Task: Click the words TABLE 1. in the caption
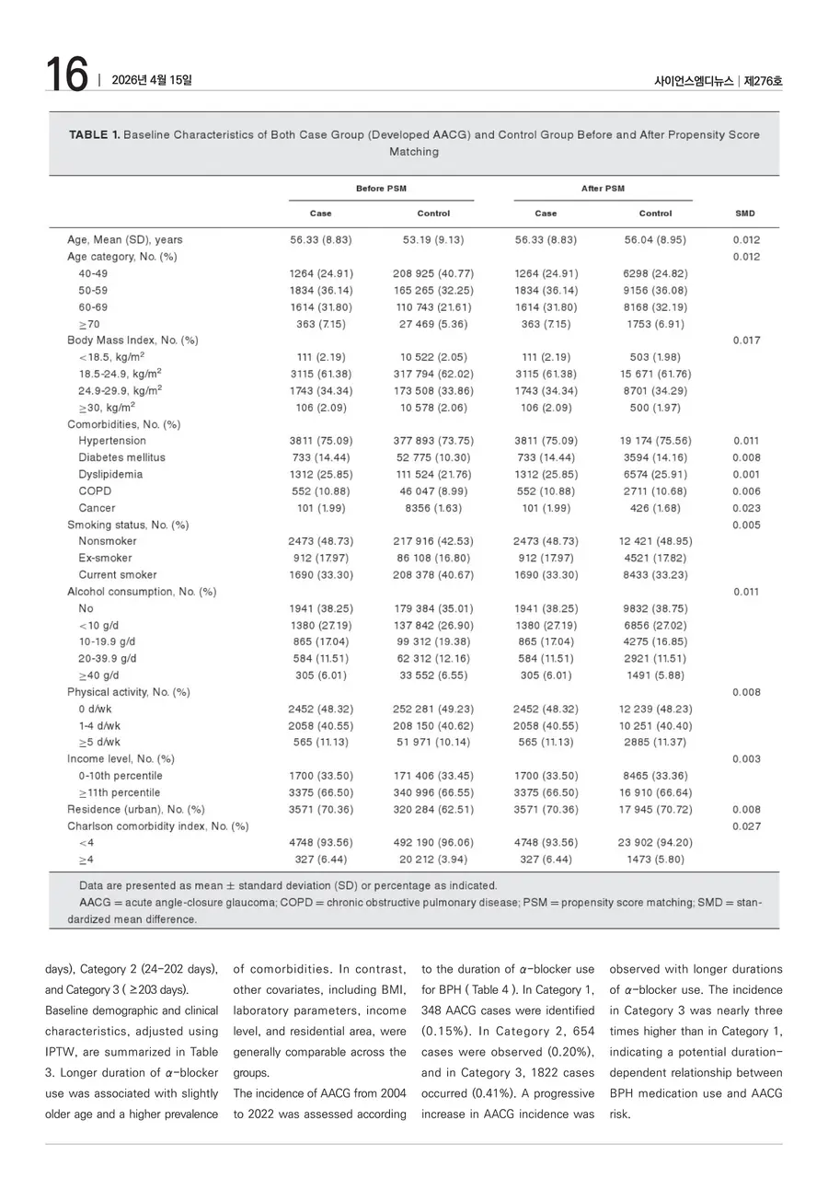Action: click(94, 135)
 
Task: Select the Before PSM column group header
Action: click(381, 189)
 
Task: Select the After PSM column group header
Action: click(603, 189)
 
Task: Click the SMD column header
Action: click(745, 214)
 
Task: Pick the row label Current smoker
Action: click(117, 575)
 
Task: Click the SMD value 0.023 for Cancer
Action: click(746, 508)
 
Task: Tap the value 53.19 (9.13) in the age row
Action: click(433, 240)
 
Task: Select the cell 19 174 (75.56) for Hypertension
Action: click(655, 441)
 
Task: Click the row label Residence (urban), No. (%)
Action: click(136, 810)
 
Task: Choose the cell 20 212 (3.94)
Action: click(433, 860)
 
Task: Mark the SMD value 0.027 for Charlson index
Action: click(746, 826)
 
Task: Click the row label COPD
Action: click(95, 491)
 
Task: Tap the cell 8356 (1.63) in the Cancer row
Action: click(433, 508)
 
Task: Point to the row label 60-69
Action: click(95, 307)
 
